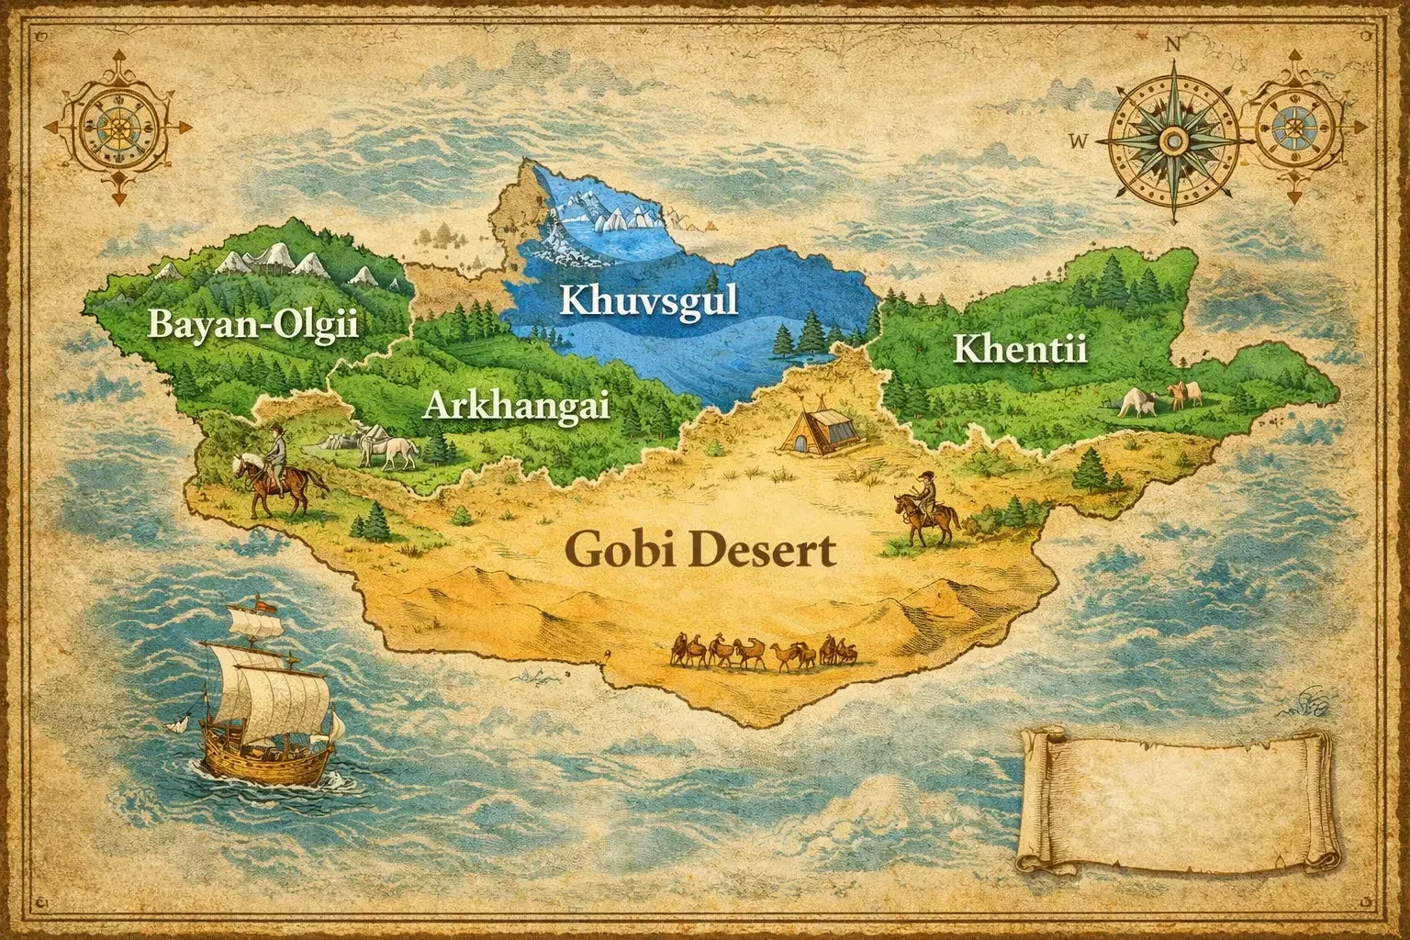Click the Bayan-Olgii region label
[x=252, y=326]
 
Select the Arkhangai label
[x=516, y=404]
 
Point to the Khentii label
[x=1020, y=350]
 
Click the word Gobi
[x=618, y=551]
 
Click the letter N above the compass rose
[x=1171, y=43]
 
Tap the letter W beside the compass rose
[x=1078, y=140]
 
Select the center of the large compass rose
[x=1171, y=140]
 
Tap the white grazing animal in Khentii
[x=1136, y=402]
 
